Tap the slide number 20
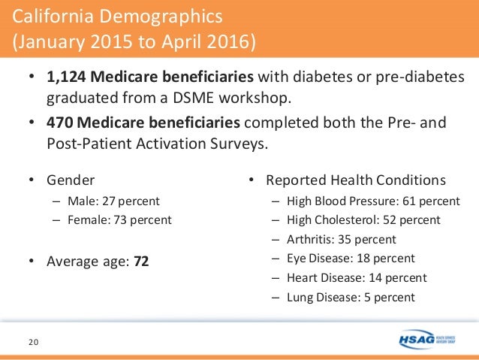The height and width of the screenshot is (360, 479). click(34, 343)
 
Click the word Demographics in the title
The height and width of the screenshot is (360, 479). click(163, 15)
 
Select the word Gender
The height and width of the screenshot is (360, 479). click(71, 180)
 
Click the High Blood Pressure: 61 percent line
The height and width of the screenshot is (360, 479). click(372, 201)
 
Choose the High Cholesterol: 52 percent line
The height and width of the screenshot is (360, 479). click(363, 220)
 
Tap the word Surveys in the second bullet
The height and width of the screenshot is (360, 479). click(241, 142)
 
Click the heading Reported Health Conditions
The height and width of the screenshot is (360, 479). click(356, 180)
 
